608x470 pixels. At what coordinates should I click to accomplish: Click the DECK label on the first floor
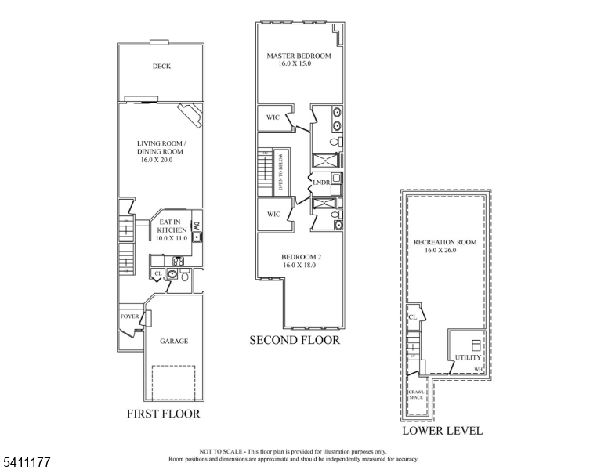coord(161,67)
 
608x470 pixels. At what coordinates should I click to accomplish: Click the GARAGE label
coord(174,342)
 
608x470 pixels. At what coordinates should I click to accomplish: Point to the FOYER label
coord(130,316)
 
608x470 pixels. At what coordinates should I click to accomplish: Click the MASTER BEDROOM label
coord(299,56)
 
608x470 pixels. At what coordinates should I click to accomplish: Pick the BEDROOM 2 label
coord(302,257)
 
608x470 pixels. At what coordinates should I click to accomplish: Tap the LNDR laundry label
coord(321,183)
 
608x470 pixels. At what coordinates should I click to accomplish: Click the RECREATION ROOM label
coord(445,242)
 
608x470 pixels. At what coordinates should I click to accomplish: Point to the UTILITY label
coord(468,358)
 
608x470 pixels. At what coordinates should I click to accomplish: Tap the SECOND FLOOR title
coord(295,341)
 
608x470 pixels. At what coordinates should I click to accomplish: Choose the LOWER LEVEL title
coord(442,431)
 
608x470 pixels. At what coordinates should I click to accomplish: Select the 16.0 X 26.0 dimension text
coord(445,251)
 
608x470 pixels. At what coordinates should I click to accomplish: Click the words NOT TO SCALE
coord(223,452)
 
